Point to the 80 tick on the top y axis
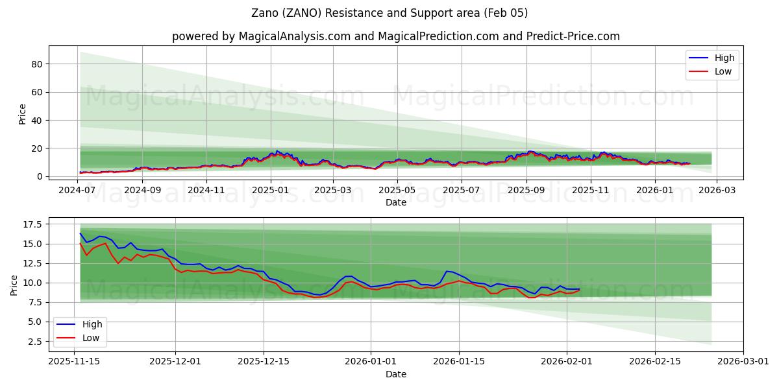tap(38, 64)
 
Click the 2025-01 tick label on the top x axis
tap(270, 191)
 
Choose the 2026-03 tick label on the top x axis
tap(717, 191)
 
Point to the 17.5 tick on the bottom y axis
tap(33, 224)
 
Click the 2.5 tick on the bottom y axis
tap(36, 341)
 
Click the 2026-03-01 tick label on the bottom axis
tap(743, 362)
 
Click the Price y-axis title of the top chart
tap(23, 113)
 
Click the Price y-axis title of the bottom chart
tap(14, 285)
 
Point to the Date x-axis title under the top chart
tap(395, 202)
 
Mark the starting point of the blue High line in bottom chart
tap(80, 233)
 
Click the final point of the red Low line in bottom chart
tap(579, 290)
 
